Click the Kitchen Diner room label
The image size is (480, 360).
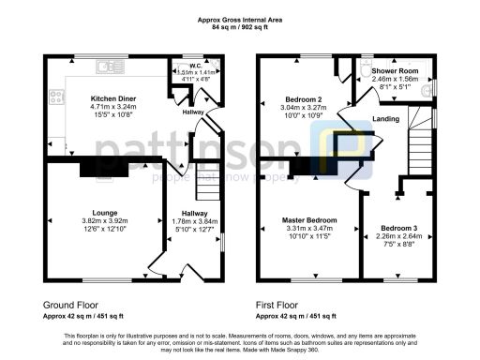[x=110, y=97]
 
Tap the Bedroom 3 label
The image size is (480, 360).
[x=398, y=228]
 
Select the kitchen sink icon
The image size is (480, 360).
[x=112, y=67]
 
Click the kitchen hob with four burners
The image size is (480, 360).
[x=56, y=97]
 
